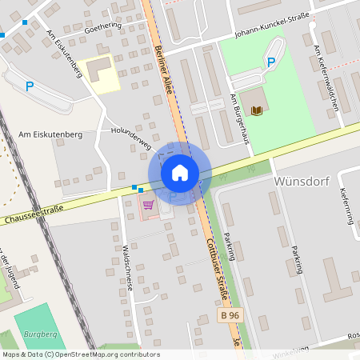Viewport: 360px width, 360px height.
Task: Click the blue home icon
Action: (180, 173)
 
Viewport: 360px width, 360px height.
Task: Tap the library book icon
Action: (255, 110)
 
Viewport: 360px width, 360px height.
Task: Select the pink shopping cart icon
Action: (148, 205)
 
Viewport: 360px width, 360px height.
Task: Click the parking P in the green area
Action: (270, 62)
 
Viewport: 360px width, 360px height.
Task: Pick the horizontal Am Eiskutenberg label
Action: (50, 135)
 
